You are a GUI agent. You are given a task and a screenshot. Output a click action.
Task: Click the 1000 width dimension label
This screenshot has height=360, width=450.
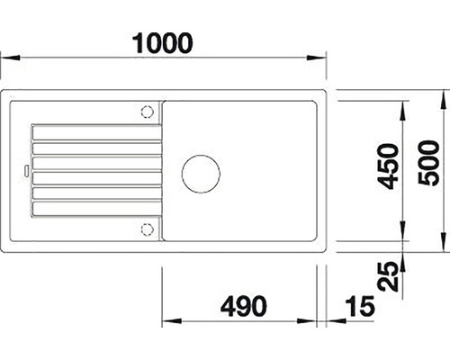pos(162,43)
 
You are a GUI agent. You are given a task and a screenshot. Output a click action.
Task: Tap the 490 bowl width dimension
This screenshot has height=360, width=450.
pos(243,306)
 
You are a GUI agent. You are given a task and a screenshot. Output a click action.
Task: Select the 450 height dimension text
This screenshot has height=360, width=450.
pos(388,166)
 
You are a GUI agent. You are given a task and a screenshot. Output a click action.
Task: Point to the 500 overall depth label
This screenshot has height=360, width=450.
pos(428,163)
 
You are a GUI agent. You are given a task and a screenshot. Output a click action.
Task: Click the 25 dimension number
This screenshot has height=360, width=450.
pos(388,276)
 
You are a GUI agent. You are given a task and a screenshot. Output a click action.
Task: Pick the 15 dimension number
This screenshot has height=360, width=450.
pos(360,307)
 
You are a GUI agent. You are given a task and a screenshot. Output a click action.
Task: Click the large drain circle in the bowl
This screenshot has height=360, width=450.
pos(201,174)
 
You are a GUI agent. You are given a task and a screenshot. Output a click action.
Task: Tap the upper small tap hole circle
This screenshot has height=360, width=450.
pos(148,112)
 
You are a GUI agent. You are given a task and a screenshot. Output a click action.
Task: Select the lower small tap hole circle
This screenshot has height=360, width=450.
pos(148,229)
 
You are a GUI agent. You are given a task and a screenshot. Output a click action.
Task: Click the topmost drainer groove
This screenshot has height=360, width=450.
pos(97,132)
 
